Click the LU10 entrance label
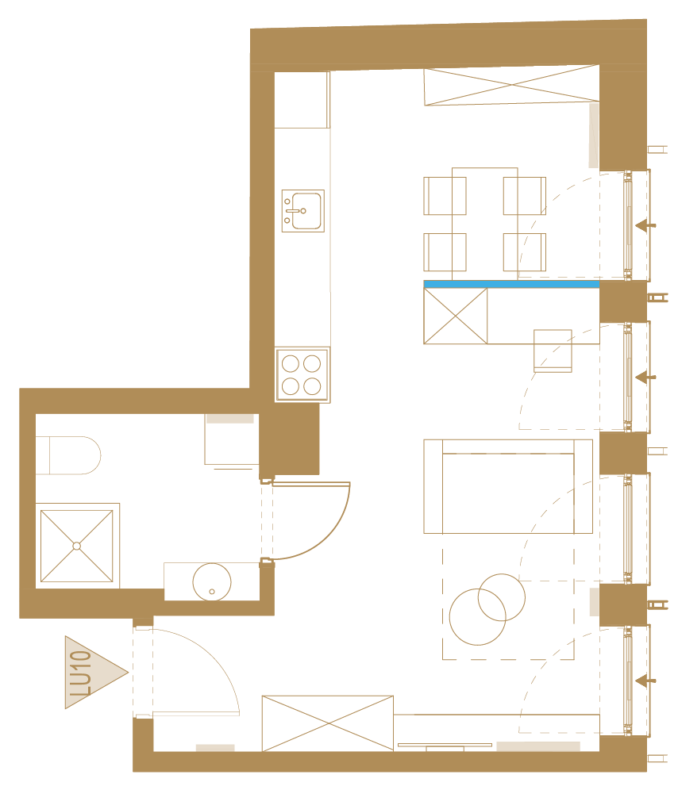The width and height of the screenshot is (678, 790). point(81,673)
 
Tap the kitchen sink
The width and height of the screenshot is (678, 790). point(302,211)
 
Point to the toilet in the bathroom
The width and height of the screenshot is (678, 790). point(68,455)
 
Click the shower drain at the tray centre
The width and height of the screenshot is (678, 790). point(77,546)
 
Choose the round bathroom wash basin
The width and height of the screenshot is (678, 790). point(212,582)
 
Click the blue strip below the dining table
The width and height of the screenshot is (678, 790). point(511,285)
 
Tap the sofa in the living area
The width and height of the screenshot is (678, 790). point(508,486)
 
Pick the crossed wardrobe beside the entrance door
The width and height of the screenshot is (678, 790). point(328,723)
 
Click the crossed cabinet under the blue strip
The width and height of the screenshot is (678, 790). point(456,316)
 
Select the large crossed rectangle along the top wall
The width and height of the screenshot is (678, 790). point(511,85)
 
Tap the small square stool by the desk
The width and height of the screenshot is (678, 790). point(553,351)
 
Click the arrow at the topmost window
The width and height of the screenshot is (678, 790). point(645,225)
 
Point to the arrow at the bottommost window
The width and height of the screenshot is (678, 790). point(645,681)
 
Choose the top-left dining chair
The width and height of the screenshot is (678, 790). point(445,196)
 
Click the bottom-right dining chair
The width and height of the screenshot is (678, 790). point(525,252)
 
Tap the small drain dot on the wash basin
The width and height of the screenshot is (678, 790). point(212,592)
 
